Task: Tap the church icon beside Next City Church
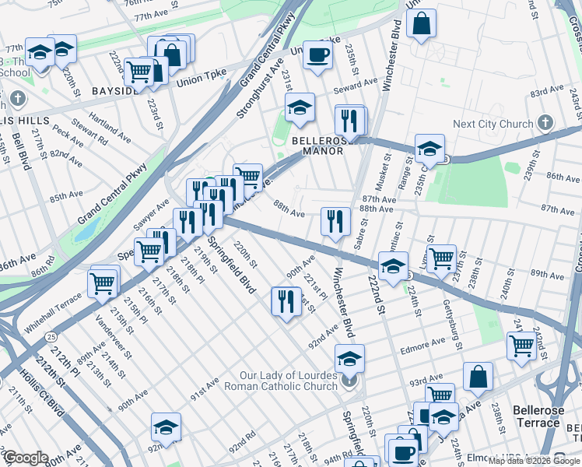(545, 123)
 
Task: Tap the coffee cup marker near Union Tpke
(317, 56)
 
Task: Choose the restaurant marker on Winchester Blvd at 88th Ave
(335, 220)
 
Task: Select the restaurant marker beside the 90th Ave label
(286, 300)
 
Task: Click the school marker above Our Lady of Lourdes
(349, 359)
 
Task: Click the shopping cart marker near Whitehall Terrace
(103, 284)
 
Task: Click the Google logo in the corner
(26, 458)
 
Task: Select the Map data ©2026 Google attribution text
(534, 461)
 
